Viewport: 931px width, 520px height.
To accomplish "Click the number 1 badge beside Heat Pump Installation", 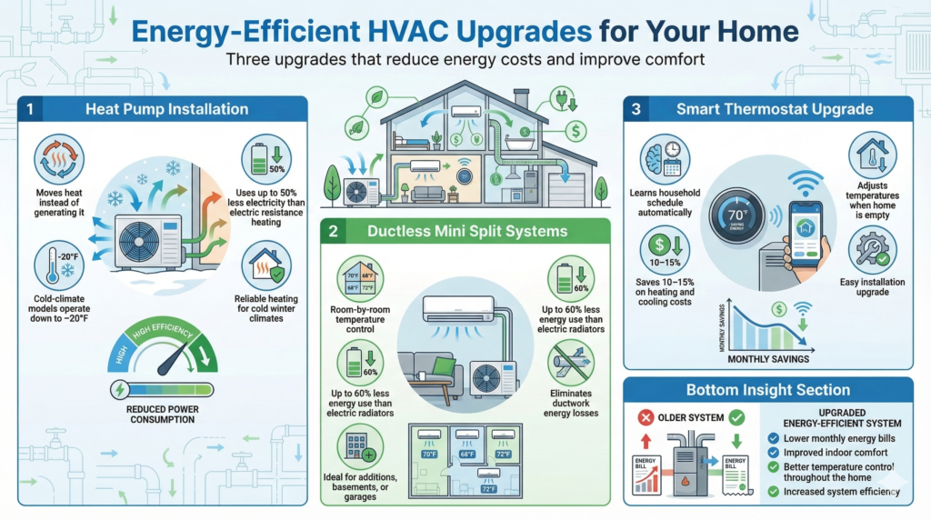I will coord(30,109).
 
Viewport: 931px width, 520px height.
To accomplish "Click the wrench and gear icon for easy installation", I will coord(872,248).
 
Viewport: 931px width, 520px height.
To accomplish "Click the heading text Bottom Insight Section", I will coord(768,390).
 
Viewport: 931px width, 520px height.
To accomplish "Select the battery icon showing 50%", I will coord(265,158).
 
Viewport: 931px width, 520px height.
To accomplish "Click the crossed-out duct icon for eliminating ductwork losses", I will coord(570,363).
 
